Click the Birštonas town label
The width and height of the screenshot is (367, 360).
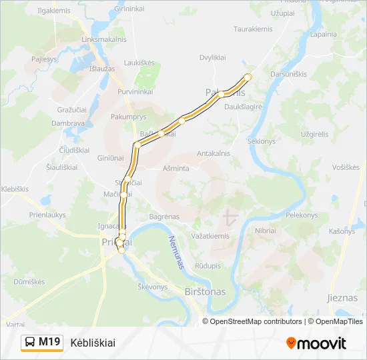pos(204,291)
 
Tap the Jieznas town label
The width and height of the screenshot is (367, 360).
pos(342,298)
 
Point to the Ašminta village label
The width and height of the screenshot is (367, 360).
pos(175,169)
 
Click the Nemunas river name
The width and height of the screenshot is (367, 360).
pos(176,251)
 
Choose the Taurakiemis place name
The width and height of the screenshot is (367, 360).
pos(252,29)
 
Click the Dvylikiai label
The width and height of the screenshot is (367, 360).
pos(213,58)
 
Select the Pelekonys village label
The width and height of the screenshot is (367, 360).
pos(302,215)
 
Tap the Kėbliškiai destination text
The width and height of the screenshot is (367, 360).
pos(93,343)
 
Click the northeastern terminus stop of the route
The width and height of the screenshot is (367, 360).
pos(248,77)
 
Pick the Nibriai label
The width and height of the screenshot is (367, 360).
pos(266,230)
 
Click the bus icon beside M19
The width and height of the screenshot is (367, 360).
pos(31,343)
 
